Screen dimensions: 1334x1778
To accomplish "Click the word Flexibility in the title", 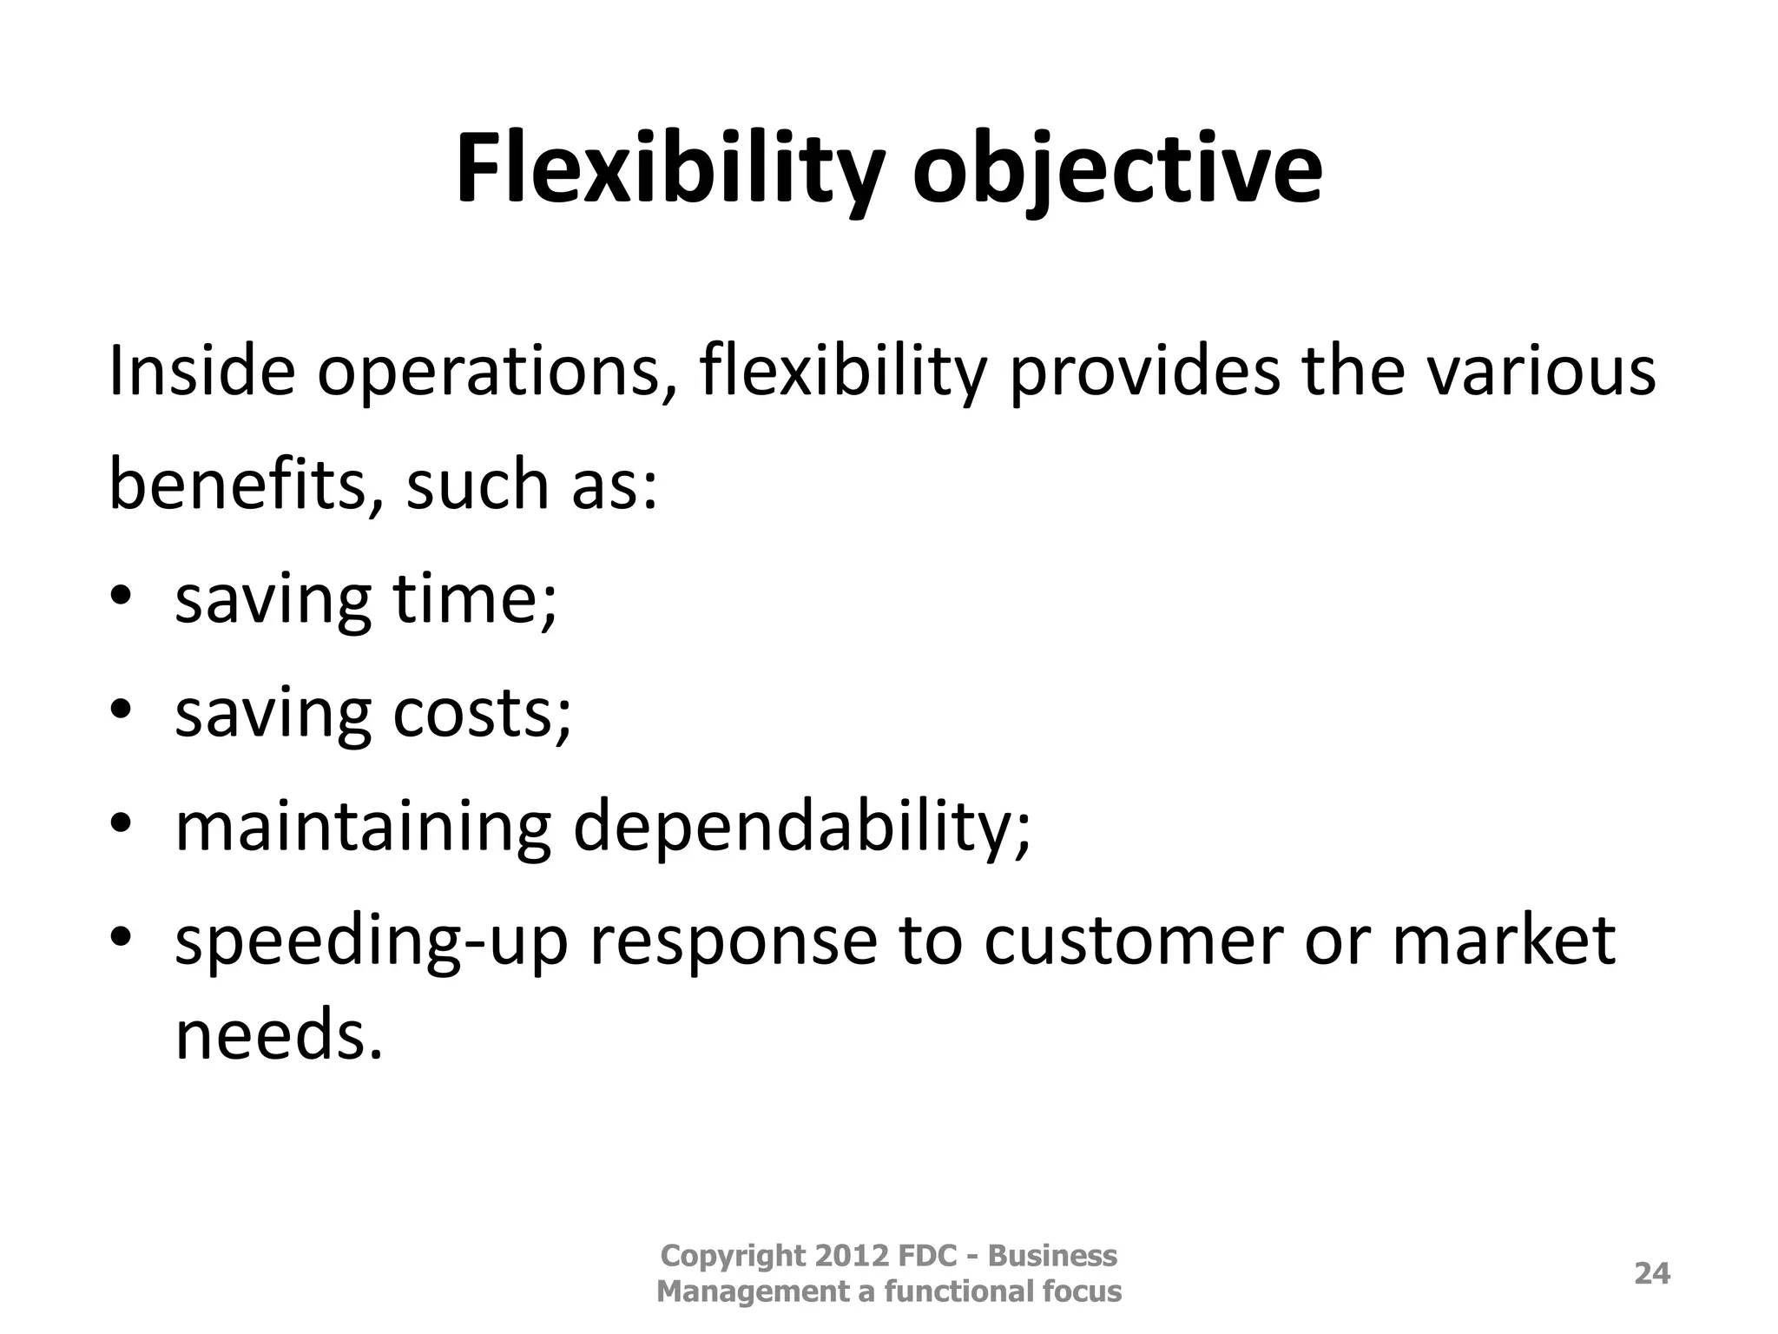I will point(669,169).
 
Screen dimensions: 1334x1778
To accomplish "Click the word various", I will point(1541,371).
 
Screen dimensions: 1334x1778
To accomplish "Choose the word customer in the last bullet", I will point(1133,941).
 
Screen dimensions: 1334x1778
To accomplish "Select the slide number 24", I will point(1652,1273).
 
